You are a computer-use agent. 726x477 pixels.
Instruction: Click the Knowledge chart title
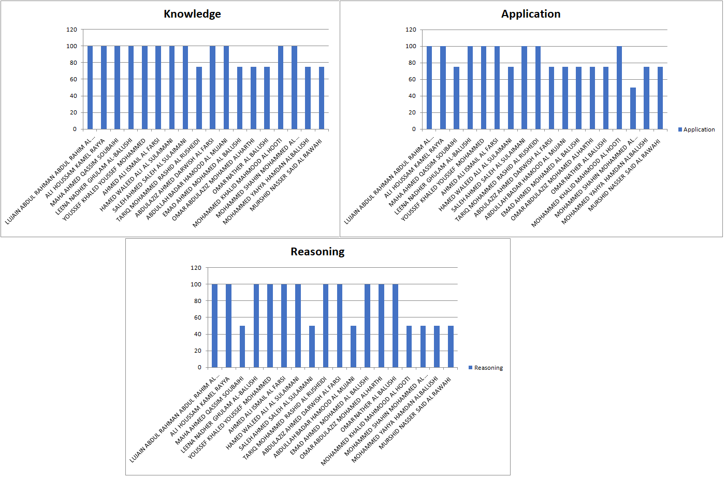click(x=192, y=14)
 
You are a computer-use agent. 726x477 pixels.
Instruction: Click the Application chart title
click(x=530, y=14)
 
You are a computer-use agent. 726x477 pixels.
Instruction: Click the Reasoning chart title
click(x=317, y=252)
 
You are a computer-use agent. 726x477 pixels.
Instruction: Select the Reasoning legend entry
click(x=486, y=368)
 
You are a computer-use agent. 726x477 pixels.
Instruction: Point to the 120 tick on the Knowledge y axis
click(x=71, y=30)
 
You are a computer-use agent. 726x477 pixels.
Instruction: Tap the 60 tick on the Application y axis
click(x=412, y=79)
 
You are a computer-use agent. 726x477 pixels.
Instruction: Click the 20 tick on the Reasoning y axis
click(x=197, y=351)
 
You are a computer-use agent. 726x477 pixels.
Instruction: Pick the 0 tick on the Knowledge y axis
click(x=75, y=129)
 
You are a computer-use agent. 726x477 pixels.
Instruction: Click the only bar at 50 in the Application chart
click(x=633, y=108)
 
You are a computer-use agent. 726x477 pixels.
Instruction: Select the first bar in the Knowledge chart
click(x=90, y=88)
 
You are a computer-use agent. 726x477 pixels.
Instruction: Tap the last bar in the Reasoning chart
click(x=451, y=346)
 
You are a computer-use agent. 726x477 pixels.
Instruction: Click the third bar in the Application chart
click(x=456, y=98)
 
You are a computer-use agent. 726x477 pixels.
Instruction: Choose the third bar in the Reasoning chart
click(x=242, y=346)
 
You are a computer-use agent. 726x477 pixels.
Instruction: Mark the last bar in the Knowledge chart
click(x=322, y=98)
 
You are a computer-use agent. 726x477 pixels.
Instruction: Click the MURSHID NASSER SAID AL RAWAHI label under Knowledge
click(x=286, y=174)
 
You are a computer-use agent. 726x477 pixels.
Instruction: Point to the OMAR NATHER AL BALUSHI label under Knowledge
click(x=241, y=166)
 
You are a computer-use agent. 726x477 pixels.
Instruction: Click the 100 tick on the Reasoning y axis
click(x=196, y=284)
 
